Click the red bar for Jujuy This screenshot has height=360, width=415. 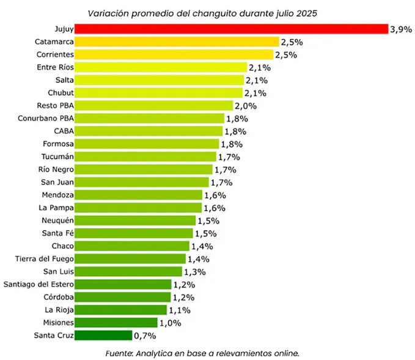point(231,29)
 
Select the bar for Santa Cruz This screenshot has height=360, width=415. point(103,335)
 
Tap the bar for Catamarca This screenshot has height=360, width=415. point(177,42)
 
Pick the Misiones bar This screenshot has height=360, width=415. point(116,322)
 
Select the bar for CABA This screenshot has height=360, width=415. point(149,131)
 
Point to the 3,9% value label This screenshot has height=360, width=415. point(401,29)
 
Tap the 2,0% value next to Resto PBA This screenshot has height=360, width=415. point(246,106)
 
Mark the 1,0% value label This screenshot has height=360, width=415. point(171,323)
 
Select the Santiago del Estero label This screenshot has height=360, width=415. point(39,284)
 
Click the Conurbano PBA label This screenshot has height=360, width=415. point(46,119)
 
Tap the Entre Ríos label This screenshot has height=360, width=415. point(55,67)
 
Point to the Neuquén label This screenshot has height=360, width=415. point(57,220)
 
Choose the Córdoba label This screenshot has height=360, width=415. point(59,297)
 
